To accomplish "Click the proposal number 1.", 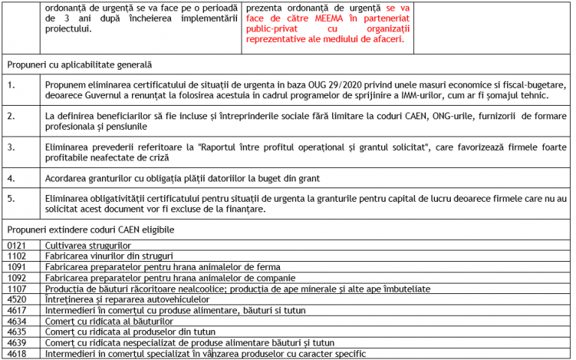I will [x=11, y=85].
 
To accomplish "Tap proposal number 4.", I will [x=11, y=178].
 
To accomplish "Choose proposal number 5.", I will [x=11, y=199].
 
